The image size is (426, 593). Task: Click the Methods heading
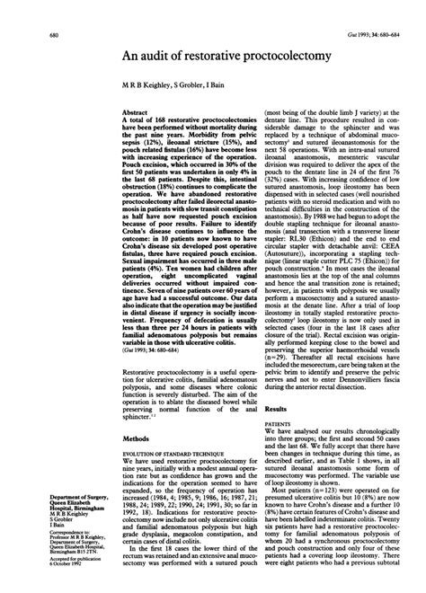click(135, 412)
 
